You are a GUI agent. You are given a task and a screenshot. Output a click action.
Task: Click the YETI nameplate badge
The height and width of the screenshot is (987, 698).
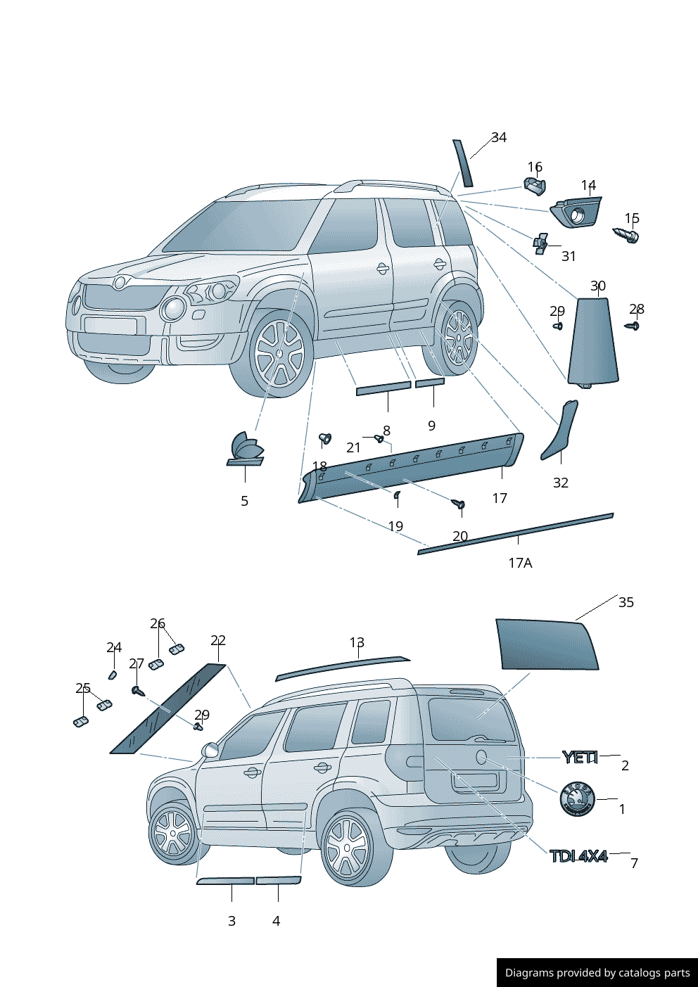point(580,758)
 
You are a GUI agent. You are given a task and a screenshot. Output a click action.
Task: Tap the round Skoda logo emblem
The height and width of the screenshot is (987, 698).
point(577,799)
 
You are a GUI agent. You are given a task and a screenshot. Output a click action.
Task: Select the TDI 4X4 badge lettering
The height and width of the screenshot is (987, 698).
point(578,856)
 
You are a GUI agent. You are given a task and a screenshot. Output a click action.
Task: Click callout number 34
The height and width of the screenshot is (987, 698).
point(499,138)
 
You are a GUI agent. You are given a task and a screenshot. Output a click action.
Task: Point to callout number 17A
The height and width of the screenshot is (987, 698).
point(520,563)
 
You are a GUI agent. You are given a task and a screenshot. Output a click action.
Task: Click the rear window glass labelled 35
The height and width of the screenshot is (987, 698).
point(546,644)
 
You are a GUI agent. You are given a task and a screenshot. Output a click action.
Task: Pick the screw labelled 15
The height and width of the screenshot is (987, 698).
point(627,235)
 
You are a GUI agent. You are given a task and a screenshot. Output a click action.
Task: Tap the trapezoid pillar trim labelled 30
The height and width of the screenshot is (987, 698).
point(592,340)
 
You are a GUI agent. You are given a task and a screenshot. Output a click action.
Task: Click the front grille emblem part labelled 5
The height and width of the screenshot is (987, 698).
point(246,450)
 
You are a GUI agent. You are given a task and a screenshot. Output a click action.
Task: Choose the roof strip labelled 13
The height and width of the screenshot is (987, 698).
point(341,668)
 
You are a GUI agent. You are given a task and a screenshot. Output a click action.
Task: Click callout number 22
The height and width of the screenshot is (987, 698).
point(218,641)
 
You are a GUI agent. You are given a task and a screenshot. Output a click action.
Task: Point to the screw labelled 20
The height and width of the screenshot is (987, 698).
point(459,504)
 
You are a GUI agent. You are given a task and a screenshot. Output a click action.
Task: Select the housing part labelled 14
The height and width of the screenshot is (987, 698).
point(577,212)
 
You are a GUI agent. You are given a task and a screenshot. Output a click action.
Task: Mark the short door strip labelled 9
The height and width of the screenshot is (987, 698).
point(429,383)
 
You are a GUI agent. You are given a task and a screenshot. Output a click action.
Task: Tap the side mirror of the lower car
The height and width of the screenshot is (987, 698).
point(210,750)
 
